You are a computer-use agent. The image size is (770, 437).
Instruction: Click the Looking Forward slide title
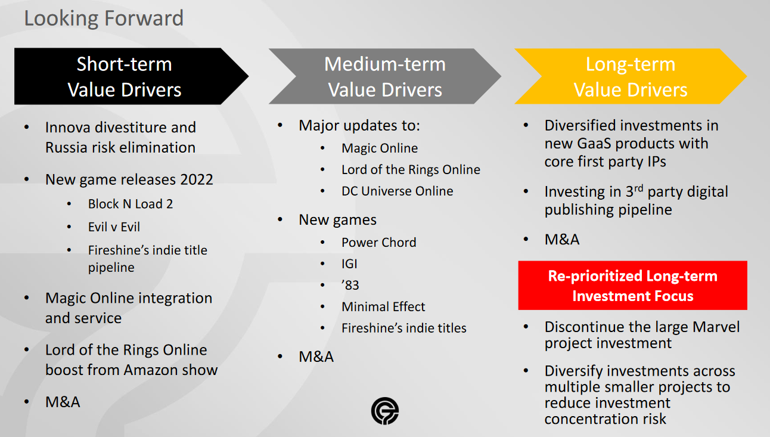(104, 18)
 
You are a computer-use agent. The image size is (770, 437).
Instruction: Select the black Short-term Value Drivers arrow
(131, 76)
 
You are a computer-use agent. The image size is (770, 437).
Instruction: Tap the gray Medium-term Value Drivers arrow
(384, 76)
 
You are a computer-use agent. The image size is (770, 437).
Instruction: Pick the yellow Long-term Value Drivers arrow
(631, 76)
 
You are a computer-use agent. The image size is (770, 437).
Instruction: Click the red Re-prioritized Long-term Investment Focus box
(632, 286)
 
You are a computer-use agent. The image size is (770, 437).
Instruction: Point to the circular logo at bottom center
(384, 411)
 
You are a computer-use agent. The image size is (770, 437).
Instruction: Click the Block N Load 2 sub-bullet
(131, 204)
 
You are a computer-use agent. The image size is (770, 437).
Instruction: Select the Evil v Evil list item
(114, 227)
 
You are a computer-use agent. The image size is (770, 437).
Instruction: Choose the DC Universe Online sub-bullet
(398, 191)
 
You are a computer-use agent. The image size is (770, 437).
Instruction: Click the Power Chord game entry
(379, 243)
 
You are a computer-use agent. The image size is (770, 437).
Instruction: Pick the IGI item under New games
(349, 264)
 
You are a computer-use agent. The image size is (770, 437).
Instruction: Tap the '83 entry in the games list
(350, 286)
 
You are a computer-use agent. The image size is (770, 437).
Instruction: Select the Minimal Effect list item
(383, 306)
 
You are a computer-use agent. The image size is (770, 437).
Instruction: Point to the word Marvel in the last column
(716, 327)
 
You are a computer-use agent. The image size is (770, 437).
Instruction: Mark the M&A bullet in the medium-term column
(316, 357)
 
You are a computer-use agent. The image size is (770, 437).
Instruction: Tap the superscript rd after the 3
(638, 188)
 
